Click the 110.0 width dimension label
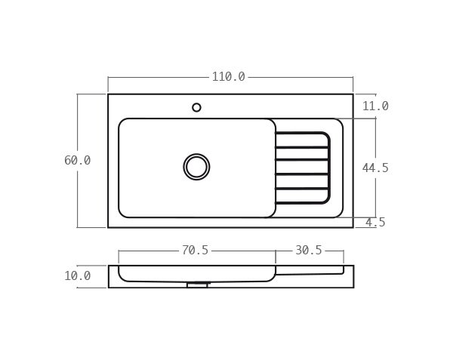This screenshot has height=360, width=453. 228,77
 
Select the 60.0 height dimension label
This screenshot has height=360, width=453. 77,161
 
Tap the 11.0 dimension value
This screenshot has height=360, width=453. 375,106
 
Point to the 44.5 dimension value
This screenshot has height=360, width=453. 375,168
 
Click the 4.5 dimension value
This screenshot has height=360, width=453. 375,223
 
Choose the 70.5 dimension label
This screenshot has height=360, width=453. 195,251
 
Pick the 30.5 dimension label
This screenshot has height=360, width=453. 308,251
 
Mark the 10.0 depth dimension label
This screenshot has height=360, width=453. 77,276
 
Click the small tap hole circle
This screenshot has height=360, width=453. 196,107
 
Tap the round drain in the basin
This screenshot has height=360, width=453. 196,167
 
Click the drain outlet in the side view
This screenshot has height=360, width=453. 197,285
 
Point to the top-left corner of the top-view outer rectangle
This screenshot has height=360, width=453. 108,94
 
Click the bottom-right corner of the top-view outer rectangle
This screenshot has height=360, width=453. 353,227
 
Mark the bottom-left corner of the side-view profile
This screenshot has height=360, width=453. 109,288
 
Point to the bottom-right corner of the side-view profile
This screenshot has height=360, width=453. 353,288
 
